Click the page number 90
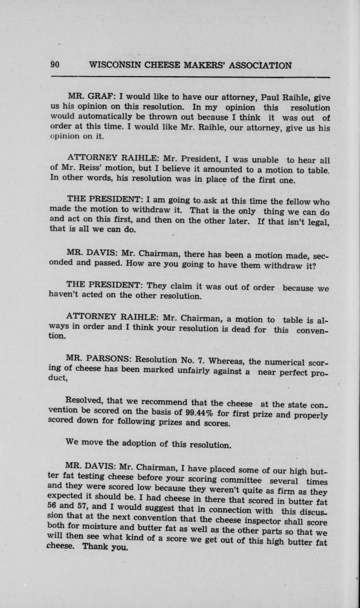tap(55, 65)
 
